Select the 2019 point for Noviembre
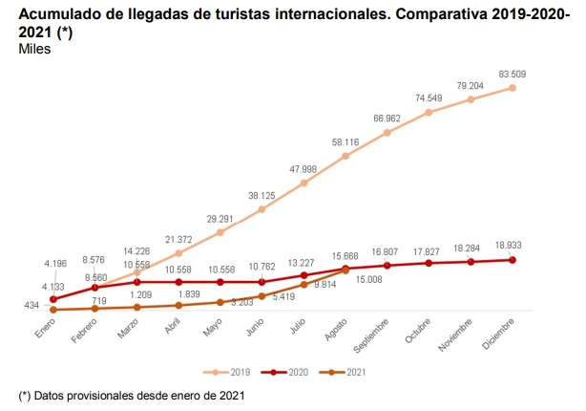click(x=471, y=98)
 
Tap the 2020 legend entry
click(x=292, y=371)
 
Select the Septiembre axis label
click(x=370, y=336)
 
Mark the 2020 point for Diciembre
click(x=513, y=260)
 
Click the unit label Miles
click(x=34, y=49)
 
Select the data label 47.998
click(x=303, y=169)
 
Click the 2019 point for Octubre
click(x=429, y=112)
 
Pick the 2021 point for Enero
click(x=53, y=310)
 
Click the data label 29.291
click(x=220, y=219)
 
